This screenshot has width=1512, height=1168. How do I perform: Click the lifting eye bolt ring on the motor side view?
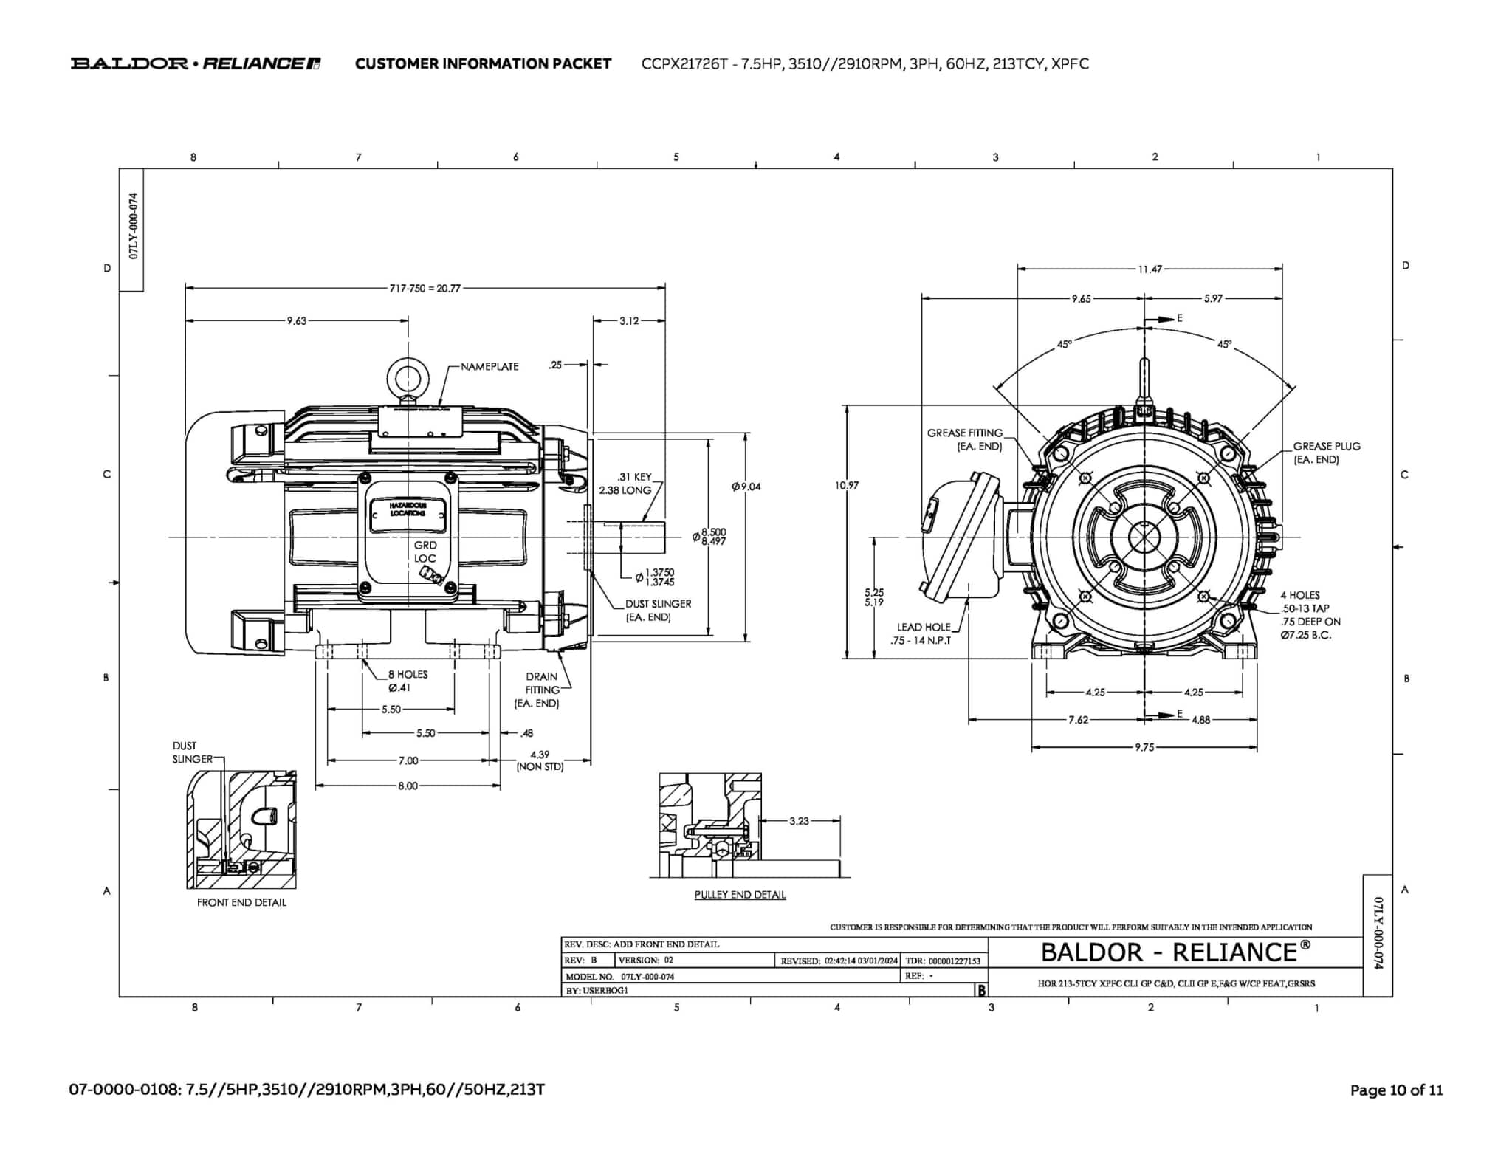click(408, 379)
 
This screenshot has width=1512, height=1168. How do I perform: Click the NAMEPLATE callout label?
click(489, 366)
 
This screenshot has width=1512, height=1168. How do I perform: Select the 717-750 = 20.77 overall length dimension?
click(425, 289)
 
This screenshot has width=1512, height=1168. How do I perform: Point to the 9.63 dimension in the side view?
click(297, 321)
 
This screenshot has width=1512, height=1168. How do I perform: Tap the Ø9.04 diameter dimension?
click(746, 487)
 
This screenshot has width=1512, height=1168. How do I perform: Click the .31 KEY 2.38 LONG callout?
click(625, 484)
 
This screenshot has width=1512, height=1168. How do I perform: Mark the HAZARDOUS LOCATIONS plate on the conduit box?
click(408, 509)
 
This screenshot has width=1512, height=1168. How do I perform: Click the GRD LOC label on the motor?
click(425, 552)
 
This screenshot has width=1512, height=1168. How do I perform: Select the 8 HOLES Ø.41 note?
click(407, 681)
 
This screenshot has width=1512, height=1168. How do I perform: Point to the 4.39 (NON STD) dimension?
click(540, 760)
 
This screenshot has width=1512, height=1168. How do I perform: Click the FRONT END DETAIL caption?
click(241, 902)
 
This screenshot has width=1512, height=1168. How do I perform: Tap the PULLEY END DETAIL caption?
click(740, 895)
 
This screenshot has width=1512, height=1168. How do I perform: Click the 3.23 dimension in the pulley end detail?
click(799, 821)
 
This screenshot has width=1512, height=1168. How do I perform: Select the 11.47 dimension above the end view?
click(1150, 269)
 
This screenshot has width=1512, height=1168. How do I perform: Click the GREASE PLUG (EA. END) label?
click(1326, 453)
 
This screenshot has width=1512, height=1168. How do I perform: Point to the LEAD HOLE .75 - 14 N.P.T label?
click(923, 633)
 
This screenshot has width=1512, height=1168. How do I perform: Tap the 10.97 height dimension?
click(847, 485)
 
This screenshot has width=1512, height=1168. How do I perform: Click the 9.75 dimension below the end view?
click(1144, 747)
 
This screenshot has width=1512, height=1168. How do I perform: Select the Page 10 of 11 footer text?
click(1396, 1090)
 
